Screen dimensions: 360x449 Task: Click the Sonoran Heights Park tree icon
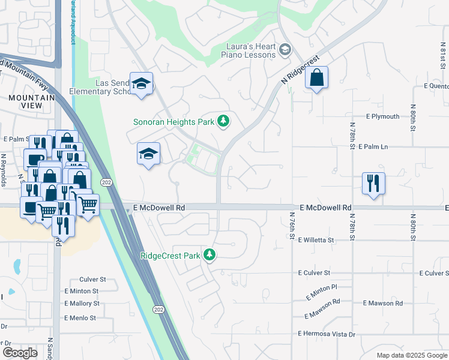click(223, 122)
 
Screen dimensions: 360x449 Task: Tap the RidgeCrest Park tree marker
click(209, 255)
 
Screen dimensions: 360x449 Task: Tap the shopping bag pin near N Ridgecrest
click(316, 78)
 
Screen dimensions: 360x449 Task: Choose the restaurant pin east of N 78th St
click(373, 184)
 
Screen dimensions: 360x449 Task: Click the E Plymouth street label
click(382, 116)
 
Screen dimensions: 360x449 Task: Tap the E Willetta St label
click(315, 240)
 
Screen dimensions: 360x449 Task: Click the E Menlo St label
click(80, 318)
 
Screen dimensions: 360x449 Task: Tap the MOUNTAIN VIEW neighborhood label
click(25, 101)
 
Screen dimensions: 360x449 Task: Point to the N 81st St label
click(442, 60)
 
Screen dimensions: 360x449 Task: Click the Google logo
click(20, 353)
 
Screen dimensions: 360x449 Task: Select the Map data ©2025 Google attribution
click(411, 355)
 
